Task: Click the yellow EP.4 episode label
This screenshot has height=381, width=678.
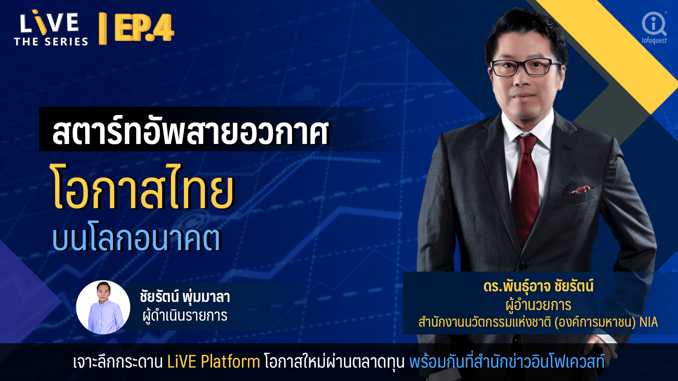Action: [144, 28]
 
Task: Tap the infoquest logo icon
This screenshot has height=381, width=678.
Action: [654, 24]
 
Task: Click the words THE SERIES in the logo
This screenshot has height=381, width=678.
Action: [51, 42]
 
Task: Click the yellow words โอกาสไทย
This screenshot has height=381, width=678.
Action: [143, 187]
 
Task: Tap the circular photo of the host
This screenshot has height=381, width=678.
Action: [103, 307]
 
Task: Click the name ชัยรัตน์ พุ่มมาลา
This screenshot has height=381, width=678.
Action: [185, 296]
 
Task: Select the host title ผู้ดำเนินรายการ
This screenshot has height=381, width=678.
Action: [185, 316]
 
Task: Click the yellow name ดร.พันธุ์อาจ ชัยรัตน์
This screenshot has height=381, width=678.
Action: [538, 286]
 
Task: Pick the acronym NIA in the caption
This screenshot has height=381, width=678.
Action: [649, 322]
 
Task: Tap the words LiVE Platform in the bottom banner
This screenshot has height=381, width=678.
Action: [214, 362]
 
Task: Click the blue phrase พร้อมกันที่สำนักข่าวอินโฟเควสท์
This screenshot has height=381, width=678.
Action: [507, 362]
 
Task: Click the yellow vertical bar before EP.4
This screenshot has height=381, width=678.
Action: [103, 29]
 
